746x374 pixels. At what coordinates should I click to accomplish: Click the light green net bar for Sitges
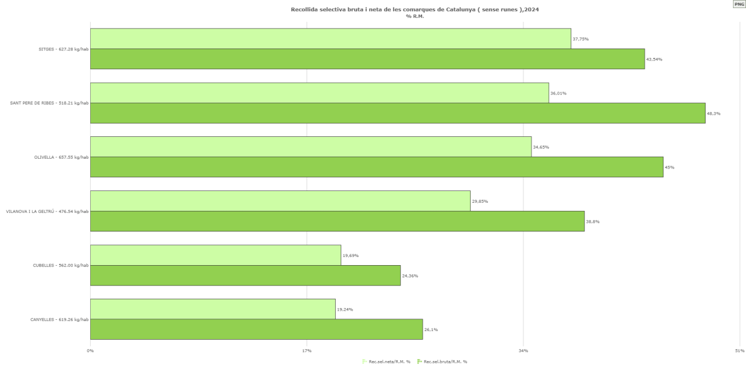[330, 39]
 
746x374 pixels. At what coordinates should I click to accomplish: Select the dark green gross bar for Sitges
[367, 59]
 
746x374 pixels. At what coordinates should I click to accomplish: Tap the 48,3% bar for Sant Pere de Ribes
[397, 113]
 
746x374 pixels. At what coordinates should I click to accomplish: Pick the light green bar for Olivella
[310, 147]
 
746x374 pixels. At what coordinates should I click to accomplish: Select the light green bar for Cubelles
[215, 255]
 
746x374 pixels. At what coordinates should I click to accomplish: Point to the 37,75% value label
[581, 39]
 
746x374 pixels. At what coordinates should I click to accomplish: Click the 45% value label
[670, 167]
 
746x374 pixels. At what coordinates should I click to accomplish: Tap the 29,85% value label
[480, 201]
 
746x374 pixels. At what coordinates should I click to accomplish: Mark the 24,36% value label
[410, 276]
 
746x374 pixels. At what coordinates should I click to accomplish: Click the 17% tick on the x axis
[306, 351]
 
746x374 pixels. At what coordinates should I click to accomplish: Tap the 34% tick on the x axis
[523, 351]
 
